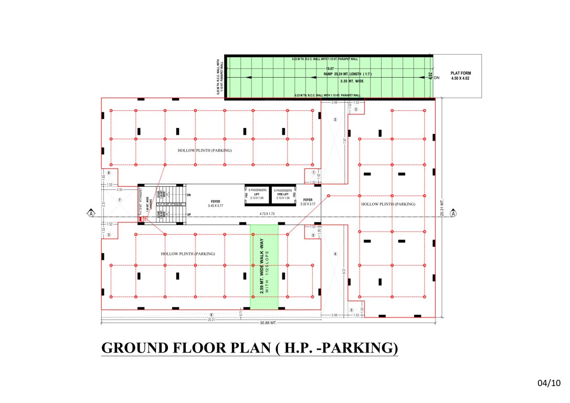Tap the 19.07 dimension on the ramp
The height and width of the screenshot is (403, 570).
329,69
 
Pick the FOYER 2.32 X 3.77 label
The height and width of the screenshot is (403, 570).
308,202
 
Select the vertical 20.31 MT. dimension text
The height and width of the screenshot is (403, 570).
442,207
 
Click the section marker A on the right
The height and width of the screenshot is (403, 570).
453,213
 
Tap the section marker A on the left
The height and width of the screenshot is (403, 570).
91,213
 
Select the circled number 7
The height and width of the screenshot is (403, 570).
120,200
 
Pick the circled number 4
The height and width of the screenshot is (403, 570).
335,254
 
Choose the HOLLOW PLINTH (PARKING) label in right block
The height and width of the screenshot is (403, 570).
388,204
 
